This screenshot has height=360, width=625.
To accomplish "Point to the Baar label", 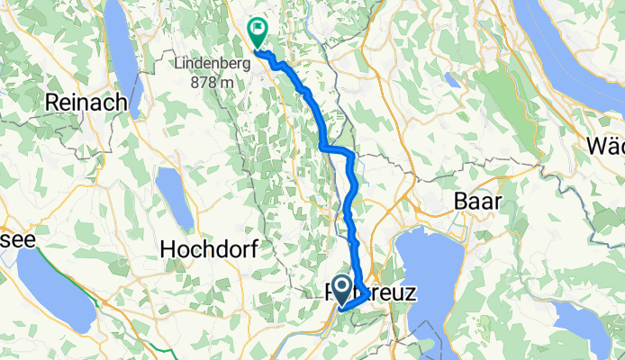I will click(477, 200).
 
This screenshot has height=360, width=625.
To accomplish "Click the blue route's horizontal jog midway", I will click(337, 150).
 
